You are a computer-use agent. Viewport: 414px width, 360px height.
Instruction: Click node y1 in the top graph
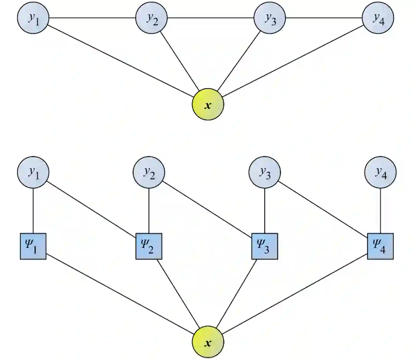pos(33,18)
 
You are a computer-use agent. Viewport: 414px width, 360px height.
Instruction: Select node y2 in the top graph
pos(151,18)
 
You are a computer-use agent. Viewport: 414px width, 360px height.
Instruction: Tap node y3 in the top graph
pos(270,18)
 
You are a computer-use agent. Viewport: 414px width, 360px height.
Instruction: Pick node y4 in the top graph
pos(378,18)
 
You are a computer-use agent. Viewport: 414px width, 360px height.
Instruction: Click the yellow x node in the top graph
pos(207,104)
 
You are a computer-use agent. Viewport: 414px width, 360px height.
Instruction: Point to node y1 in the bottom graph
pos(33,172)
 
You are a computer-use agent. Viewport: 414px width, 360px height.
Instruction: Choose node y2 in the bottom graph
pos(149,172)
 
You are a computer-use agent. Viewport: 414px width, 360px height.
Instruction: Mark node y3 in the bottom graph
pos(264,172)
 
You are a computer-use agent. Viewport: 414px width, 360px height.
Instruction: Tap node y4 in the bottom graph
pos(380,172)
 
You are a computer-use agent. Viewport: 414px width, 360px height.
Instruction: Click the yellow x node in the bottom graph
pos(208,342)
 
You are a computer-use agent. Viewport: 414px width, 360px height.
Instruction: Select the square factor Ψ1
pos(33,246)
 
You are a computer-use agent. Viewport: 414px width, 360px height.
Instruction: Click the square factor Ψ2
pos(149,246)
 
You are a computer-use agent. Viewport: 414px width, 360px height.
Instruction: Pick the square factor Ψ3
pos(264,246)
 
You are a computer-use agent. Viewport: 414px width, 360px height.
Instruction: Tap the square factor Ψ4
pos(380,246)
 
